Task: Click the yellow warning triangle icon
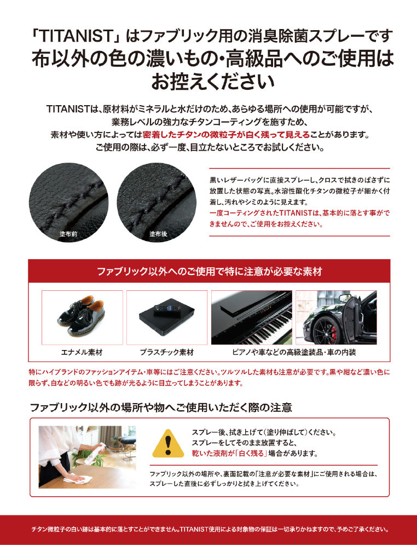click(168, 444)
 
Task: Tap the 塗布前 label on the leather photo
click(68, 234)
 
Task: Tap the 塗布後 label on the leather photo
click(158, 234)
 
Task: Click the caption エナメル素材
click(82, 352)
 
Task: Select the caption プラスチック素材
click(167, 352)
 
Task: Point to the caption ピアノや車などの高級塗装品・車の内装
click(294, 352)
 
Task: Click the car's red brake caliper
click(334, 334)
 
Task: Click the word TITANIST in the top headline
click(75, 36)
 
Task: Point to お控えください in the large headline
click(212, 82)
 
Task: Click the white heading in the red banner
click(210, 271)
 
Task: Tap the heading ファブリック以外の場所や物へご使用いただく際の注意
click(161, 407)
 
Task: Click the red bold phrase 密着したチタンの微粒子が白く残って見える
click(226, 135)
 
